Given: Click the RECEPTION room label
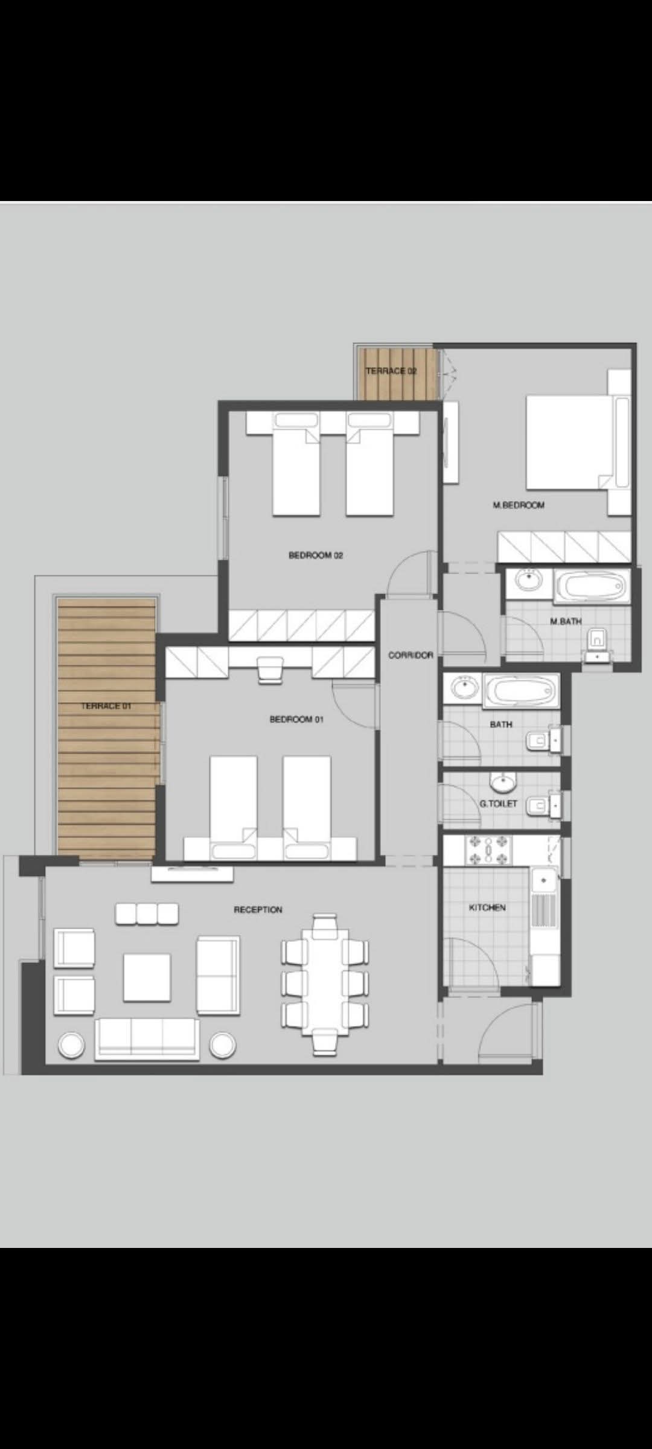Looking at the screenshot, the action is pos(258,909).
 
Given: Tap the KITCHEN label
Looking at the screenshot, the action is pos(487,907).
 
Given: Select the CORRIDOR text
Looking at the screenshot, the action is pos(411,655).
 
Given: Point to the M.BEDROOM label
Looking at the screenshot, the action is pos(519,505).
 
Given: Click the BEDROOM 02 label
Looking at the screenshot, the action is pos(316,555).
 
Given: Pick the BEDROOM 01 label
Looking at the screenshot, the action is pos(296,719).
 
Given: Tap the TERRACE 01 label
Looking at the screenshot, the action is pos(106,705).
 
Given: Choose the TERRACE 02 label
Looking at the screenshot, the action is pos(391,371).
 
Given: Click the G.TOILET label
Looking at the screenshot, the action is pos(499,804).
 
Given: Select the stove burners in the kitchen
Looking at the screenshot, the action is pos(488,850).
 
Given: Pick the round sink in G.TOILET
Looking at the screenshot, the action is pos(502,783).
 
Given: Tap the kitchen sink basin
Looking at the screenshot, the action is pos(544,880).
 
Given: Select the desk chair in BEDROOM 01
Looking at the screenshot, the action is pos(270,670).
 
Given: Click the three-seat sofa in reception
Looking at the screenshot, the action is pos(147,1038).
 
